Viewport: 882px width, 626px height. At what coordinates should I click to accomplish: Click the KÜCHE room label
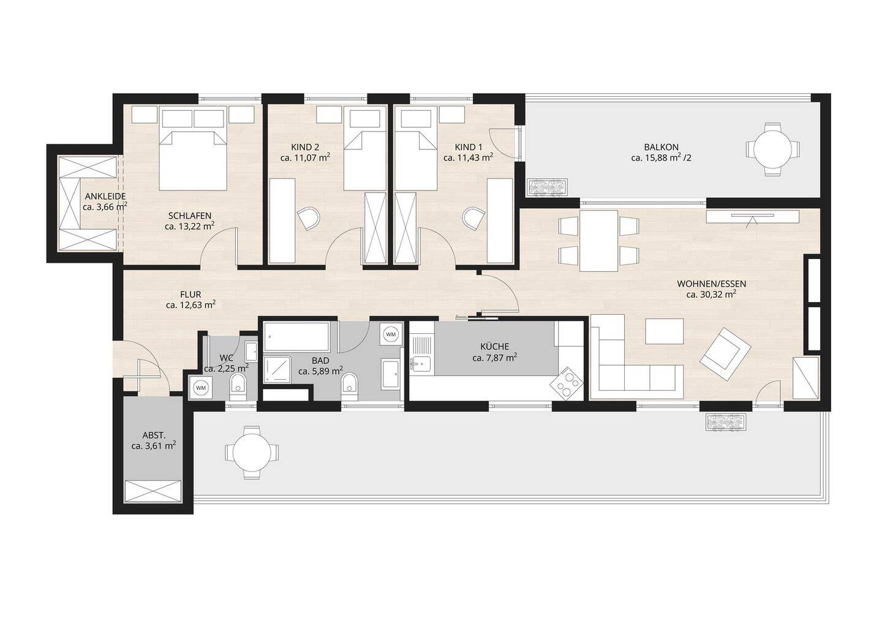coord(494,347)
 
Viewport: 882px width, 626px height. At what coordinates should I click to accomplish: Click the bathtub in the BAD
coord(296,336)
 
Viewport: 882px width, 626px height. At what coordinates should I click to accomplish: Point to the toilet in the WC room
coord(238,387)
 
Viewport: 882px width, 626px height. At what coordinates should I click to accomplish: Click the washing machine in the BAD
coord(391,334)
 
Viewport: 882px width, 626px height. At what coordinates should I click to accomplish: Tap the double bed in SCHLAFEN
coord(193,160)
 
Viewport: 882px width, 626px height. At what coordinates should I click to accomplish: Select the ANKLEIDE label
coord(105,197)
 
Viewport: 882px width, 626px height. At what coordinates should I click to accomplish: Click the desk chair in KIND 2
coord(309,219)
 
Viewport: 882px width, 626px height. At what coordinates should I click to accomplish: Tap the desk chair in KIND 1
coord(474,219)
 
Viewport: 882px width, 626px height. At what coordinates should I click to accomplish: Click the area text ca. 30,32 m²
coord(712,295)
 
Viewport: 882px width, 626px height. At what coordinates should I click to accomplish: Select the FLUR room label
coord(190,295)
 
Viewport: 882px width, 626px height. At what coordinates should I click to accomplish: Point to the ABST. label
coord(154,436)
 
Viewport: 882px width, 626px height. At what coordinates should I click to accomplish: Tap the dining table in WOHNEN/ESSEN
coord(598,241)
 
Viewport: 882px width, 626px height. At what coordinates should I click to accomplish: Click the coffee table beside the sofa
coord(664,331)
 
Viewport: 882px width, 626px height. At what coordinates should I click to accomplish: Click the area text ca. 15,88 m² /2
coord(661,158)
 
